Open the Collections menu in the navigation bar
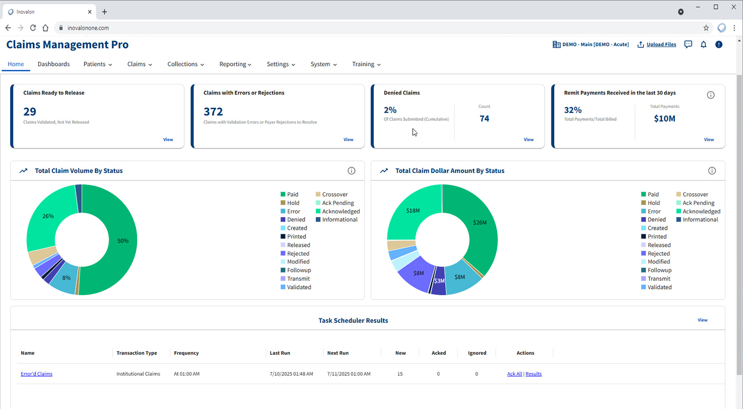click(185, 64)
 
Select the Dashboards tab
click(54, 64)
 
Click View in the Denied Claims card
click(528, 140)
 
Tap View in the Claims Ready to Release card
click(168, 140)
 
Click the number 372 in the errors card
click(213, 112)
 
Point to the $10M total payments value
click(664, 118)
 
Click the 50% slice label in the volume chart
click(123, 241)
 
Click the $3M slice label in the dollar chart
click(439, 281)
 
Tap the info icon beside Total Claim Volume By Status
click(351, 171)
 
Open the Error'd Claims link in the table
click(36, 374)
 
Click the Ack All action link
click(514, 374)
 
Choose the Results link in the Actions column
click(534, 374)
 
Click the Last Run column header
click(280, 353)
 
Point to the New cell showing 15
click(400, 374)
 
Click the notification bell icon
click(703, 44)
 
